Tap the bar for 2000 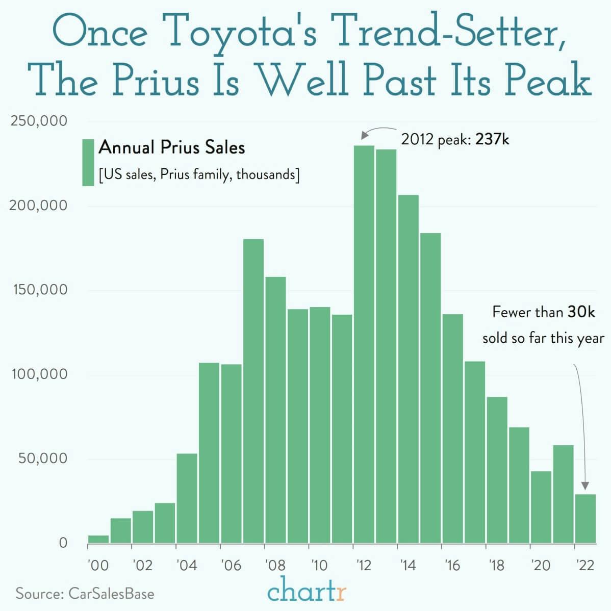(x=98, y=539)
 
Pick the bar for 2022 (x=585, y=519)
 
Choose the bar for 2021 (x=563, y=494)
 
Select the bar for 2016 (x=452, y=428)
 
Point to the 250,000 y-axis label (x=39, y=121)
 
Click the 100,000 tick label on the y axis (x=39, y=374)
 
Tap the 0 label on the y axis (x=63, y=543)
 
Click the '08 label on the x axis (x=275, y=566)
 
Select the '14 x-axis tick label (x=408, y=566)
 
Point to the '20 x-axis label (x=541, y=566)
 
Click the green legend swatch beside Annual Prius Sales (x=88, y=162)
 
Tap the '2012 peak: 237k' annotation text (x=455, y=139)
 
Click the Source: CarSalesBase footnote (x=85, y=594)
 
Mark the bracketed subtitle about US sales (x=199, y=175)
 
